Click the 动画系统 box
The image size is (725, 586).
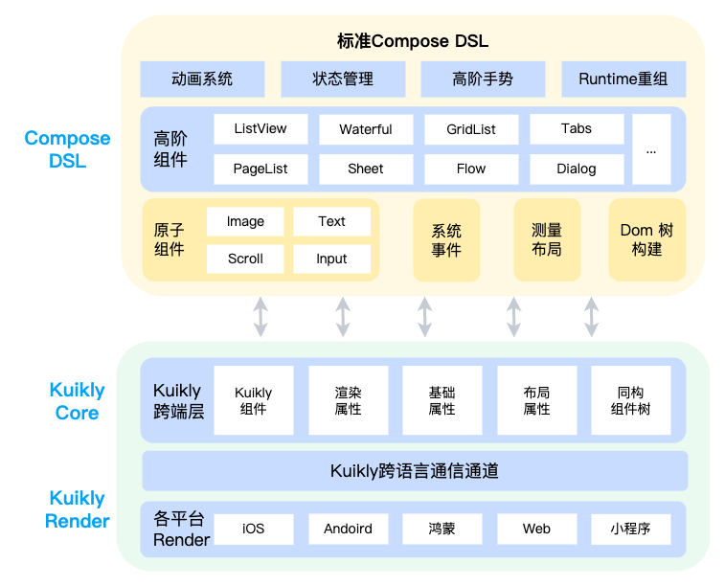[202, 79]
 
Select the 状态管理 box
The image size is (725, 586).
[343, 79]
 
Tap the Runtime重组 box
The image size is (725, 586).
[623, 79]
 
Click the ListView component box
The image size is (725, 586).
[261, 129]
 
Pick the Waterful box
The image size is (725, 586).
[366, 129]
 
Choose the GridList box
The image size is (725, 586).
[471, 129]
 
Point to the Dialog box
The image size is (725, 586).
[577, 169]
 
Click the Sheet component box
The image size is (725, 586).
[366, 169]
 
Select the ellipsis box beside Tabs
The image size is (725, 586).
[651, 149]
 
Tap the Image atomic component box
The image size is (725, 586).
[245, 221]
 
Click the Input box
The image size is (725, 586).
[331, 259]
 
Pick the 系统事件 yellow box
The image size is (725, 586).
[446, 240]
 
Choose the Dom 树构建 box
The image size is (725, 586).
[647, 240]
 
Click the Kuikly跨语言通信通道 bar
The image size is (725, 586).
[415, 471]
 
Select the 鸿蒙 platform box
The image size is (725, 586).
[442, 529]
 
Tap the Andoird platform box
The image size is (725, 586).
[348, 529]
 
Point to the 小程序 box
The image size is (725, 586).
[631, 529]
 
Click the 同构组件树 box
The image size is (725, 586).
[631, 400]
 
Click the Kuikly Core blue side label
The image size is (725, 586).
[77, 401]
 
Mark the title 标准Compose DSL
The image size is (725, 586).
[413, 41]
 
